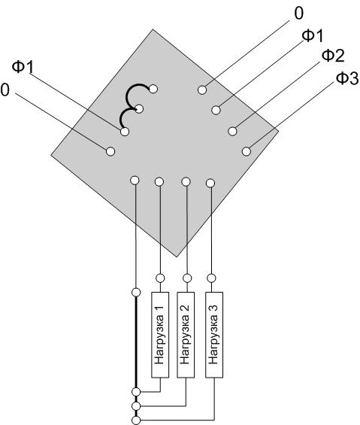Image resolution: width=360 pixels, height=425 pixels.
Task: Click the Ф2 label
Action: pyautogui.click(x=333, y=56)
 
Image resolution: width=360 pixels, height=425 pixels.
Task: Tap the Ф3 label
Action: pyautogui.click(x=347, y=78)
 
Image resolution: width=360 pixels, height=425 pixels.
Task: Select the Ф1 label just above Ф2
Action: pyautogui.click(x=313, y=36)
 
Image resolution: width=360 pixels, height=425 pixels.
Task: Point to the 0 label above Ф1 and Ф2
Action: pyautogui.click(x=298, y=14)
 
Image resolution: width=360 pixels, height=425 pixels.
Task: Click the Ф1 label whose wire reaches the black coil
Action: pyautogui.click(x=23, y=66)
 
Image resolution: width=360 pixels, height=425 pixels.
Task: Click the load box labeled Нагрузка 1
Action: pyautogui.click(x=160, y=335)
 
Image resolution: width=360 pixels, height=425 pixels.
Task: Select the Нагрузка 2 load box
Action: pyautogui.click(x=186, y=335)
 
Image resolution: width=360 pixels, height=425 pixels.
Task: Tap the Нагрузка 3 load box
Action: pyautogui.click(x=214, y=335)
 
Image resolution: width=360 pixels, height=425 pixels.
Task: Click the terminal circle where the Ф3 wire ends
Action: pyautogui.click(x=247, y=151)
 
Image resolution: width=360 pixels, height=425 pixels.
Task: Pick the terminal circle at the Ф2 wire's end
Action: pyautogui.click(x=232, y=131)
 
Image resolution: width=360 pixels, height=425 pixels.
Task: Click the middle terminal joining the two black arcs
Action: pyautogui.click(x=139, y=109)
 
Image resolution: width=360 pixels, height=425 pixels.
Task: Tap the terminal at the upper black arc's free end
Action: pyautogui.click(x=153, y=89)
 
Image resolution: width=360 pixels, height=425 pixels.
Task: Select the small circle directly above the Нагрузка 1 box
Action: pyautogui.click(x=160, y=278)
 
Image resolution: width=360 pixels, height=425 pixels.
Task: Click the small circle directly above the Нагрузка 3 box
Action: pyautogui.click(x=211, y=278)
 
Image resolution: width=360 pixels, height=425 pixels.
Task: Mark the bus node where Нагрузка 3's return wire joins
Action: pyautogui.click(x=136, y=420)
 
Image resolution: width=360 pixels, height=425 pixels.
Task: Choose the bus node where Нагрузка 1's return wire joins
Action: pyautogui.click(x=136, y=392)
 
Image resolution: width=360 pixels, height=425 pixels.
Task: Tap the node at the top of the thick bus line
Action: pyautogui.click(x=136, y=293)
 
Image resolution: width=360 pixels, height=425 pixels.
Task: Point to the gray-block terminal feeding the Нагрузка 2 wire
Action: pyautogui.click(x=186, y=181)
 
